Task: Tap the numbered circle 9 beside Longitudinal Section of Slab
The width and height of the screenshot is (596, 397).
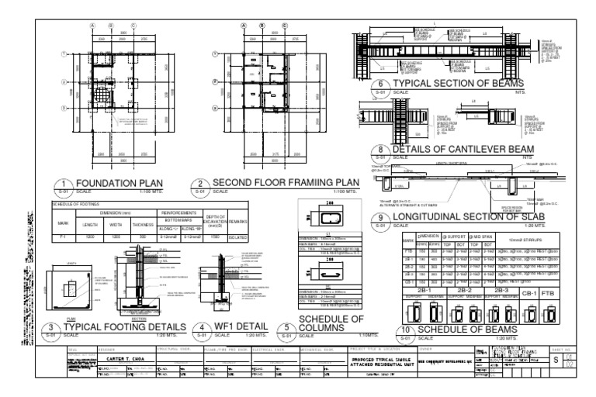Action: tap(379, 224)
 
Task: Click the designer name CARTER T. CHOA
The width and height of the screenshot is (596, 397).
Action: tap(126, 359)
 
